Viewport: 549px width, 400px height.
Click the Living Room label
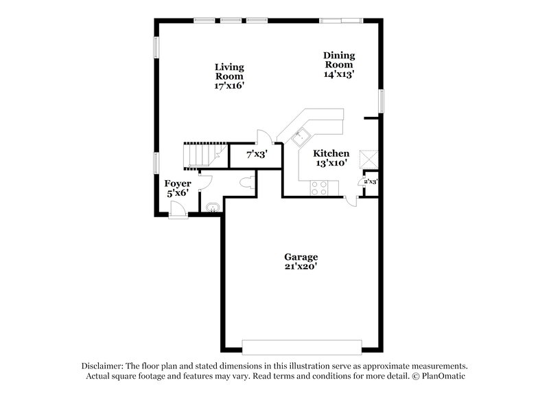pos(229,71)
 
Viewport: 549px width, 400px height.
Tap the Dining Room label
pos(339,60)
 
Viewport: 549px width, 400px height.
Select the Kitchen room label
pos(331,154)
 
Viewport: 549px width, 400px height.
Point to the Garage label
pos(301,257)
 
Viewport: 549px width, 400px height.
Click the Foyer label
pos(178,184)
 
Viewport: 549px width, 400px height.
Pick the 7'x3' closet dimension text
pos(256,155)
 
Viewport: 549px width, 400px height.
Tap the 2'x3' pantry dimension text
pos(371,181)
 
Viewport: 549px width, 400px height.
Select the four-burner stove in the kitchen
pos(319,187)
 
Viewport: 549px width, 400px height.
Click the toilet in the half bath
pos(248,183)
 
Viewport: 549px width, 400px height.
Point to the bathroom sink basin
pos(212,206)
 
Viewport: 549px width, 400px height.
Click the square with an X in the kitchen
pos(371,157)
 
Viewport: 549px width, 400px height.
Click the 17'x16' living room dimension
pos(229,87)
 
